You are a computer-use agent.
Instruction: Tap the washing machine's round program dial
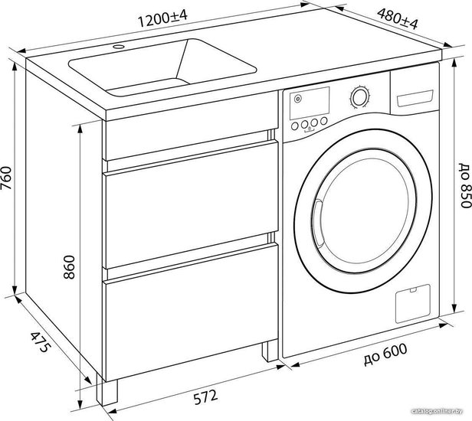(x=359, y=97)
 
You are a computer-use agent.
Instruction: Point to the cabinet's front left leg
(x=110, y=393)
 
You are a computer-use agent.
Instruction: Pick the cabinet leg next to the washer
(x=268, y=352)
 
